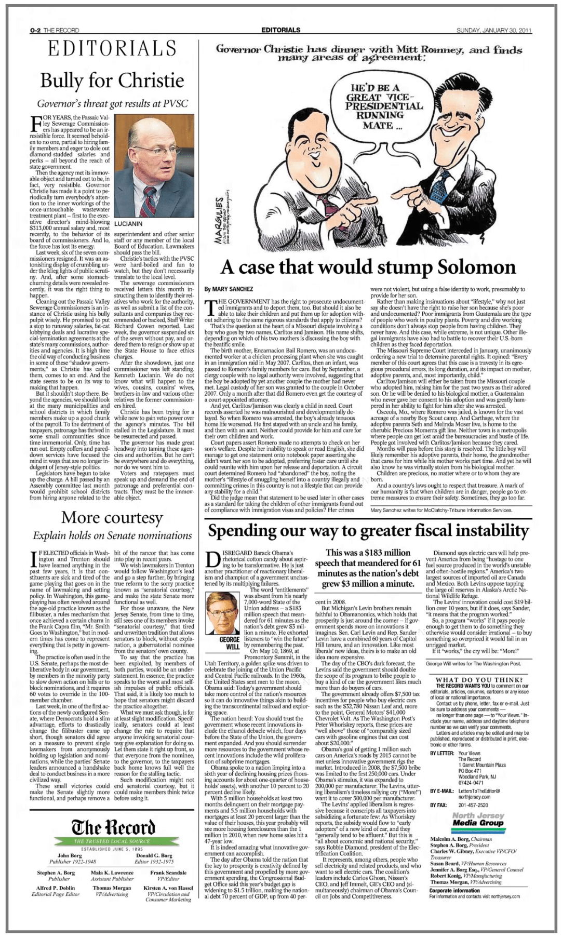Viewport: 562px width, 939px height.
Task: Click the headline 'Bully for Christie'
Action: (x=112, y=81)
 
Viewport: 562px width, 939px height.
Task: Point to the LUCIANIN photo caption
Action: (x=128, y=224)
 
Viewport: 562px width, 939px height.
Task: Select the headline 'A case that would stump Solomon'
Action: (x=368, y=267)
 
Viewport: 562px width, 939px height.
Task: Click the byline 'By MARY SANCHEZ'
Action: (x=229, y=289)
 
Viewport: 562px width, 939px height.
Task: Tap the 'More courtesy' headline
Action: (x=112, y=518)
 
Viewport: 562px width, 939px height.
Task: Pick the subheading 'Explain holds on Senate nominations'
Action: (x=112, y=535)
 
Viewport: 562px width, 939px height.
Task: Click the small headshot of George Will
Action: (x=230, y=614)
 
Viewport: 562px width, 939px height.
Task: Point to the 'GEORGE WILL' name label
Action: (x=230, y=643)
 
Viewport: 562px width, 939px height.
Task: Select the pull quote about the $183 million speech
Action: (x=367, y=568)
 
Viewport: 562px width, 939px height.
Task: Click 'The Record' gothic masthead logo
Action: (x=112, y=826)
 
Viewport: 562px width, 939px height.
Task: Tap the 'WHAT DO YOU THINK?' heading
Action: (x=479, y=680)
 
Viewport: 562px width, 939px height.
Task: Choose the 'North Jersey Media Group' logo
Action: (x=478, y=820)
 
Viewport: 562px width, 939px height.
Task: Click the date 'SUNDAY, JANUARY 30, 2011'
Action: (x=493, y=30)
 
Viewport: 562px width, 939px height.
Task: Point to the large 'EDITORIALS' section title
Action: (x=112, y=49)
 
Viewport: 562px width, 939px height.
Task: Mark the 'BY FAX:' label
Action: (x=438, y=805)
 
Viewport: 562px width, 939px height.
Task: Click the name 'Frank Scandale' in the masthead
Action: (x=168, y=873)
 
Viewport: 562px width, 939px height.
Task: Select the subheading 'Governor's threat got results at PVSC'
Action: (x=112, y=104)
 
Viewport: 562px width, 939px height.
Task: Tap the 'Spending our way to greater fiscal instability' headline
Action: (x=368, y=531)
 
